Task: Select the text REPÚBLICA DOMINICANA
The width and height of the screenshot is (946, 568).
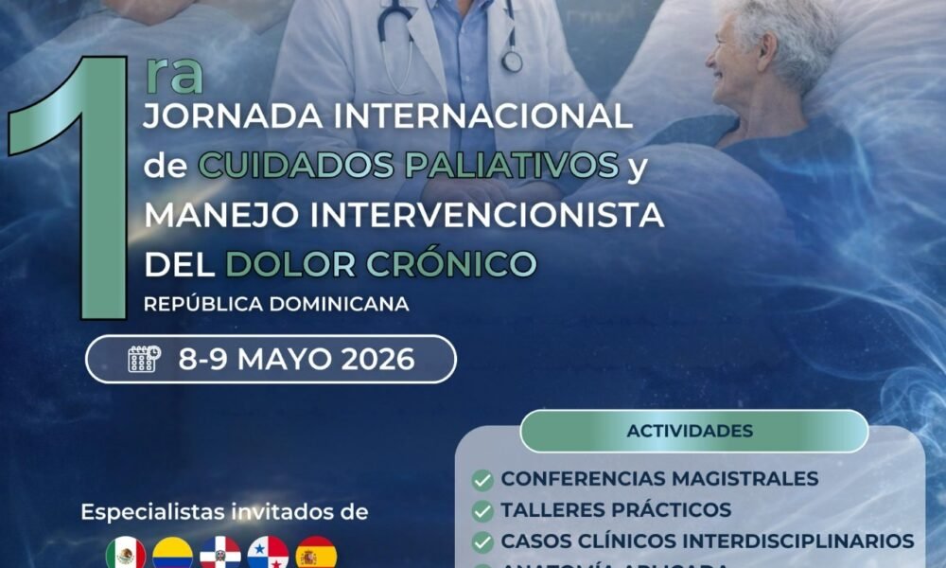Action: (276, 304)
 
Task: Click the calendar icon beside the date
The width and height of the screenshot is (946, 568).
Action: (144, 360)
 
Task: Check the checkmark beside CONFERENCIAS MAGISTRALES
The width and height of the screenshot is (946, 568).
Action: (482, 480)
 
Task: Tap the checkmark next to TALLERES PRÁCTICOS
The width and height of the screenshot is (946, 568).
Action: (482, 511)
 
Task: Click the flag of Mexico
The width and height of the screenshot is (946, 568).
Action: (125, 553)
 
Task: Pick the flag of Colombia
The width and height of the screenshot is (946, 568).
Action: (172, 553)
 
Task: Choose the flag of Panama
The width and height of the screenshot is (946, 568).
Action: (268, 553)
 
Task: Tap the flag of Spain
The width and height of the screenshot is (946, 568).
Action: (316, 553)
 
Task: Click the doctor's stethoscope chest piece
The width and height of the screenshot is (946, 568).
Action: (512, 61)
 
